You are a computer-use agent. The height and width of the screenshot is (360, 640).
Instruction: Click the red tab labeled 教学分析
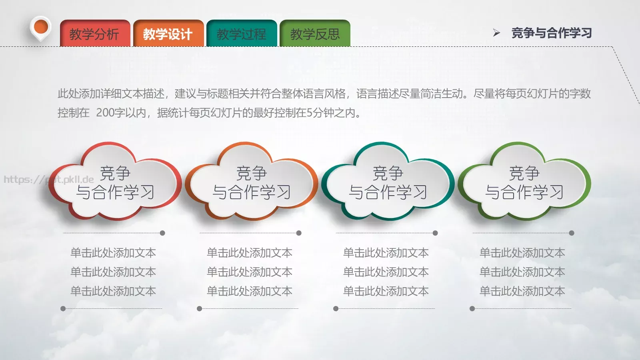95,34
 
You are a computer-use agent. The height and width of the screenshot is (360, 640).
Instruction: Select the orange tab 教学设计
168,34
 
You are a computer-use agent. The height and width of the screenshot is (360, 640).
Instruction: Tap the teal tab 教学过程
241,34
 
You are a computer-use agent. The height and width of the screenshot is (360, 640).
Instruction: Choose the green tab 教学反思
315,34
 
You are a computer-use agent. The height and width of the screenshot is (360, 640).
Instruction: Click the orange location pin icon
41,28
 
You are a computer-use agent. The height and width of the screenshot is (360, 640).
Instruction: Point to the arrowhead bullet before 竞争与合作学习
496,33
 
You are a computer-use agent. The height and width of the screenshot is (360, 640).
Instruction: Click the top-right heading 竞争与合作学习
552,33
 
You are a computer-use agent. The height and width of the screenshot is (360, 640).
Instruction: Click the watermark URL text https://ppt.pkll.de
49,180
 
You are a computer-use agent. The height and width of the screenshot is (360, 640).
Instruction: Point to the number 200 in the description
105,113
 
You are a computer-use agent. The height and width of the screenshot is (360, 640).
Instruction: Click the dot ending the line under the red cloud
162,233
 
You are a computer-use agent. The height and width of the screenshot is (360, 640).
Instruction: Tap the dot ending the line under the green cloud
572,233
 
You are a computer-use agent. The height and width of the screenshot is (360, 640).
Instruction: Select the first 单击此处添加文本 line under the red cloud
113,253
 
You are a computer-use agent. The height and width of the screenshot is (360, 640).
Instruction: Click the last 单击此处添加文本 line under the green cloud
522,291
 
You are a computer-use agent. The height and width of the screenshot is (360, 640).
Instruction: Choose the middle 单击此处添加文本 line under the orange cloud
250,272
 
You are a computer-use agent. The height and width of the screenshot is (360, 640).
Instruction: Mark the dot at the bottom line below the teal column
336,309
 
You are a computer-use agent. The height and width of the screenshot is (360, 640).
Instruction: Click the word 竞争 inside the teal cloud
388,173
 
